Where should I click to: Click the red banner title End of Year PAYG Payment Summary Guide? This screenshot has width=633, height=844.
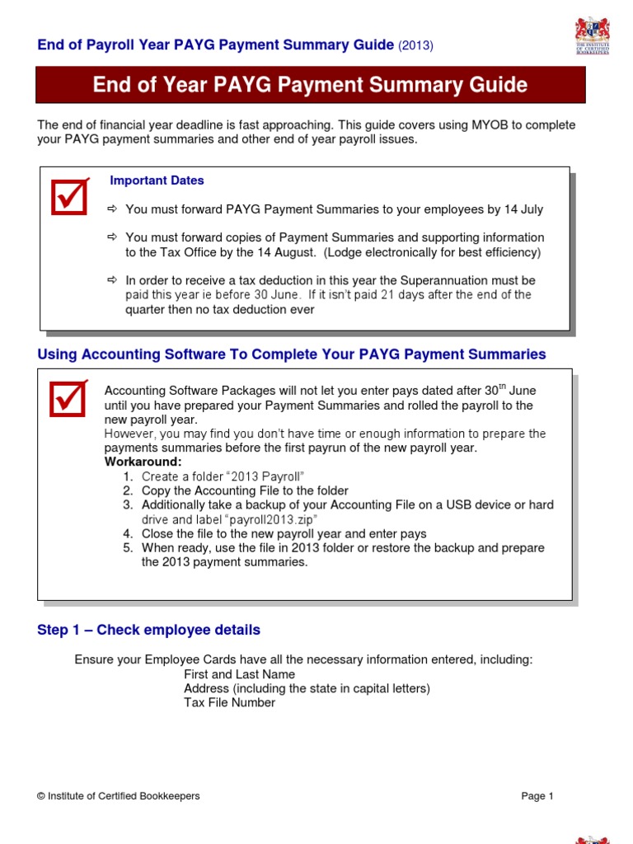click(x=310, y=86)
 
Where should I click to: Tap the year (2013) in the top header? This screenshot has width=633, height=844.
click(x=415, y=45)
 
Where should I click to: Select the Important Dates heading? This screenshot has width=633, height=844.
click(x=157, y=181)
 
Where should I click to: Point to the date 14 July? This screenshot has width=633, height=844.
click(x=521, y=209)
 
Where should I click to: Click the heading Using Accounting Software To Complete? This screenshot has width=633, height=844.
click(x=292, y=354)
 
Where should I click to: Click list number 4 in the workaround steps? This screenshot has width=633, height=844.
click(x=128, y=533)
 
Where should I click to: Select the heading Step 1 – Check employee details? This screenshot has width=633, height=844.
click(x=148, y=630)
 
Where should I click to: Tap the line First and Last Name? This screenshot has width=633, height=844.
click(x=239, y=674)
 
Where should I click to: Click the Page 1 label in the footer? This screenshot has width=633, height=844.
click(x=537, y=796)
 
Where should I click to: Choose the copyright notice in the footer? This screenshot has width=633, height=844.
click(x=119, y=796)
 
